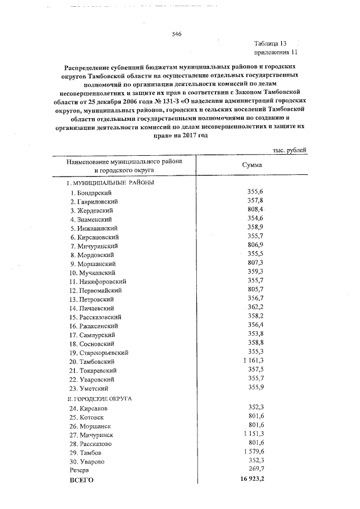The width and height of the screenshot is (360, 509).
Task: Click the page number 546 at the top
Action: coord(176,34)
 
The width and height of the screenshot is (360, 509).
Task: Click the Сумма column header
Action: coord(251,165)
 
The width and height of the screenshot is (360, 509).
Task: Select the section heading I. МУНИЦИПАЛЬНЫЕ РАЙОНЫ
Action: coord(110,183)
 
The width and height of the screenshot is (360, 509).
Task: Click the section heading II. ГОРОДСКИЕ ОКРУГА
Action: coord(100,398)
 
